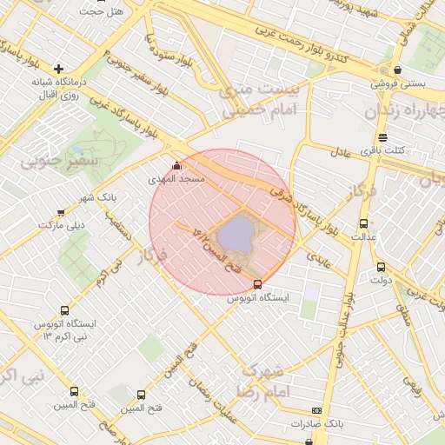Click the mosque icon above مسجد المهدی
point(177,165)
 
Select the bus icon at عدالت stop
point(363,223)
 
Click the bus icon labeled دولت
point(381,267)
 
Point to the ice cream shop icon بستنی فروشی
point(397,70)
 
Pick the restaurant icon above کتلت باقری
point(382,137)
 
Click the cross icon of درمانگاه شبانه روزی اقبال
point(58,69)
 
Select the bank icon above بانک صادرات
point(316,410)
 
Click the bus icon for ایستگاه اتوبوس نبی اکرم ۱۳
point(64,310)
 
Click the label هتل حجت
point(102,11)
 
